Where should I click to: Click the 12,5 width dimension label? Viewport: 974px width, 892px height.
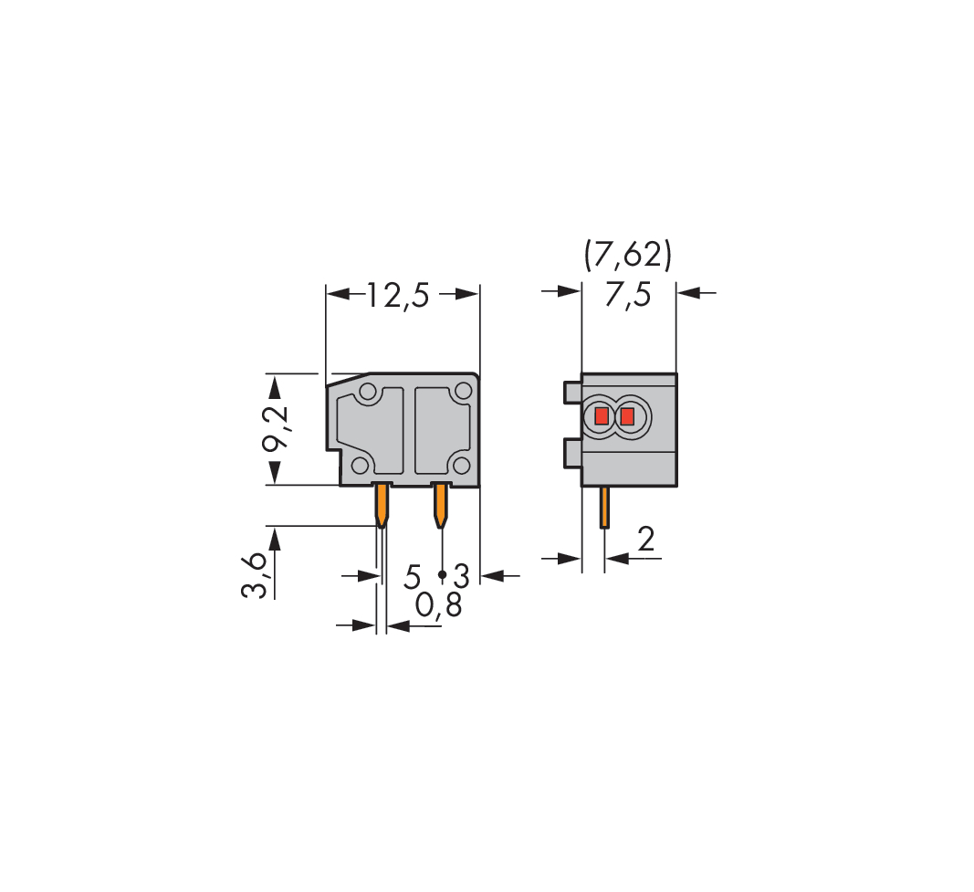pyautogui.click(x=398, y=294)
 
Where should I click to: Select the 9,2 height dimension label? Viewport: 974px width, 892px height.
pyautogui.click(x=275, y=430)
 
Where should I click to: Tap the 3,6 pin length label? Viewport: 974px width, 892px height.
pyautogui.click(x=254, y=574)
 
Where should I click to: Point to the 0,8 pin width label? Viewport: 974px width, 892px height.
pyautogui.click(x=438, y=605)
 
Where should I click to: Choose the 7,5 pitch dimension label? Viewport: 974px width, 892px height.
pyautogui.click(x=628, y=294)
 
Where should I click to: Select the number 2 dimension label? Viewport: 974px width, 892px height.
pyautogui.click(x=646, y=540)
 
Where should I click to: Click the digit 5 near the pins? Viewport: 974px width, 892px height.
pyautogui.click(x=413, y=576)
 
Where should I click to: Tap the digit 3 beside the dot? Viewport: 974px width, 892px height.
pyautogui.click(x=462, y=576)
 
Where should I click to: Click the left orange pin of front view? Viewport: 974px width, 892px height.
pyautogui.click(x=382, y=506)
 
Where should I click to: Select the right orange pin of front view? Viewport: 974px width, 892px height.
pyautogui.click(x=440, y=506)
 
